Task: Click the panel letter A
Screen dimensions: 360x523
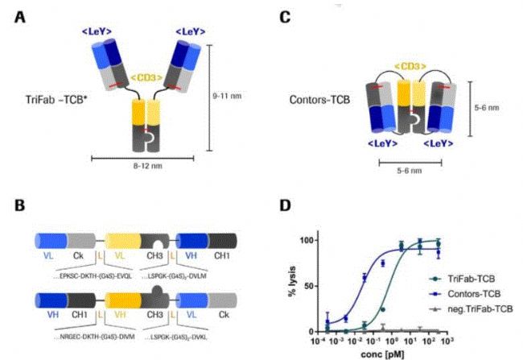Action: (19, 15)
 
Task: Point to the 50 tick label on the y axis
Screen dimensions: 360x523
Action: (302, 285)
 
